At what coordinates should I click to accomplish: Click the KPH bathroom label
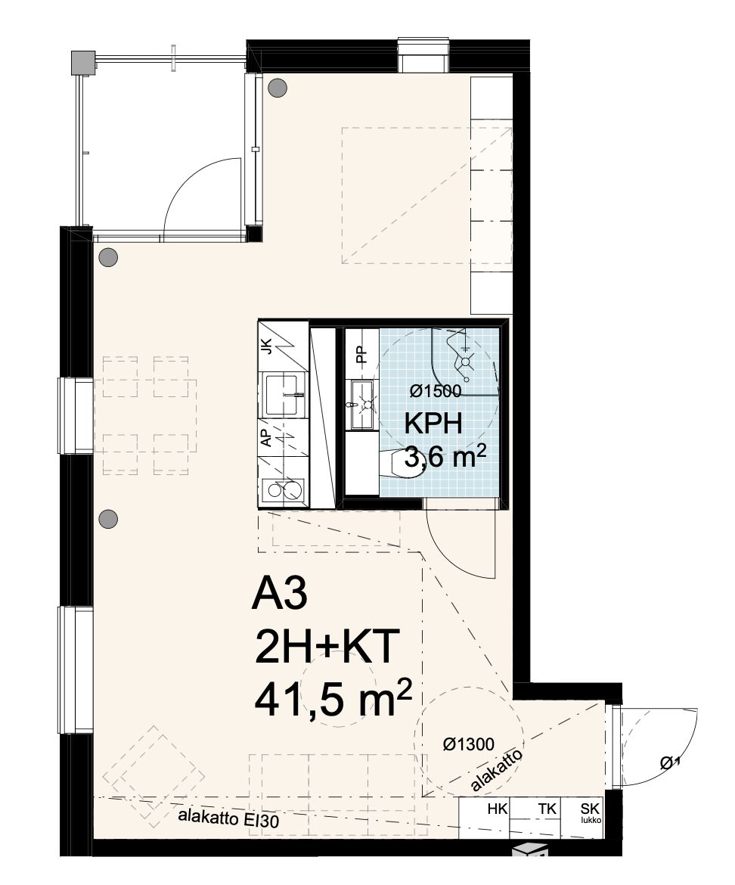click(x=433, y=424)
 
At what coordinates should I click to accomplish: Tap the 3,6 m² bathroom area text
click(x=445, y=457)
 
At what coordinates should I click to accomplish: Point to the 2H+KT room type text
click(x=327, y=648)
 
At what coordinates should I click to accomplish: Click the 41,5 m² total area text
click(x=333, y=700)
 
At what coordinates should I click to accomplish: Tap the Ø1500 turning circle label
click(x=436, y=390)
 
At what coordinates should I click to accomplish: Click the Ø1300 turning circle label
click(x=468, y=745)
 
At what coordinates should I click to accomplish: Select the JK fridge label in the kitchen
click(x=266, y=345)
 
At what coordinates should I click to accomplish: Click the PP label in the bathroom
click(x=361, y=354)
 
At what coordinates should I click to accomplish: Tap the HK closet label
click(x=497, y=809)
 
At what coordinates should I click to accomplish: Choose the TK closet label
click(x=547, y=809)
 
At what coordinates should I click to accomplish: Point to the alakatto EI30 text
click(x=228, y=818)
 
